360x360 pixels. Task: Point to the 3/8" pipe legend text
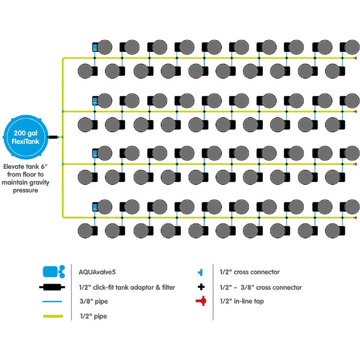pyautogui.click(x=93, y=302)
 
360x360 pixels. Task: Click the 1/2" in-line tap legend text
pyautogui.click(x=242, y=301)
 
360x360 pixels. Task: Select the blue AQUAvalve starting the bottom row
pyautogui.click(x=95, y=206)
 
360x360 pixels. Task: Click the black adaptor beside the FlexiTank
pyautogui.click(x=52, y=137)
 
